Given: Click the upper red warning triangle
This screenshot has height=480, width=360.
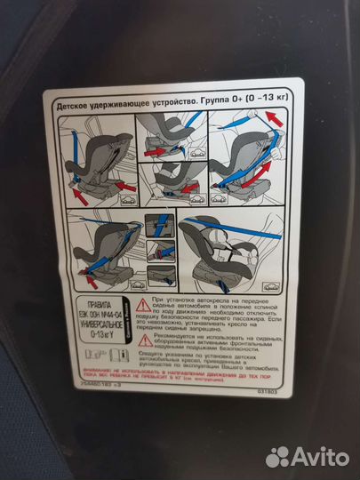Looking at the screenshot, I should click(142, 304).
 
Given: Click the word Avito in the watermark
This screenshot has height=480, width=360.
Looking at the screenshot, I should click(321, 456).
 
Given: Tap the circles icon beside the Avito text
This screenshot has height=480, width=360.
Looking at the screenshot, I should click(280, 455).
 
